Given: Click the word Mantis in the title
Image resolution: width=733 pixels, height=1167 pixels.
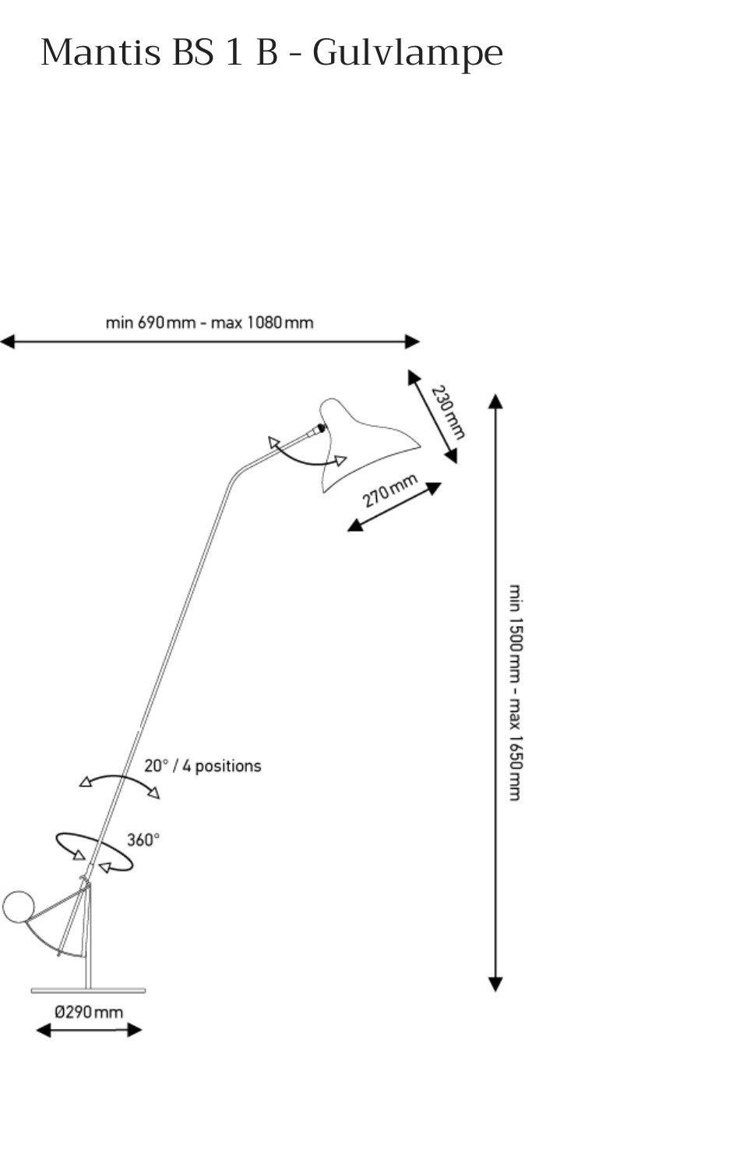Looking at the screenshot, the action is point(100,52).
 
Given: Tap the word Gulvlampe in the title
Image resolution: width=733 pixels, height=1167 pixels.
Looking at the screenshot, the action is point(407,55).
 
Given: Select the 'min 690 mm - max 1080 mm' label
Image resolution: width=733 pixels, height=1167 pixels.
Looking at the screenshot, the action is point(210,323).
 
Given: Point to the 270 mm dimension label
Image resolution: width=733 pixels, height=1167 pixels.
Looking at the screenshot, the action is point(390,490).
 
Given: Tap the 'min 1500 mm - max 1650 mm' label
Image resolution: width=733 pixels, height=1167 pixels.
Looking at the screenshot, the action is point(515,692).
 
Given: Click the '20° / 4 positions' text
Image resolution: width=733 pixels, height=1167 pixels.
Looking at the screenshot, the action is point(203,766).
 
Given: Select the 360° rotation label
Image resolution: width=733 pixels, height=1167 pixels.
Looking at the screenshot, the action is point(143,840).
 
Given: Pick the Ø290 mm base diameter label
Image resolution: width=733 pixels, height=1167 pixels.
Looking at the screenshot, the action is point(89,1013).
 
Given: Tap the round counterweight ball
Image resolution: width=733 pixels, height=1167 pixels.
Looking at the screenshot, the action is point(18,907).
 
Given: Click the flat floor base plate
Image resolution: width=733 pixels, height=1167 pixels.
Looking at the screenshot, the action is point(89,990).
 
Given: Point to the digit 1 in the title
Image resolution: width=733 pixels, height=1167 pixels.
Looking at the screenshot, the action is point(234,52).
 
